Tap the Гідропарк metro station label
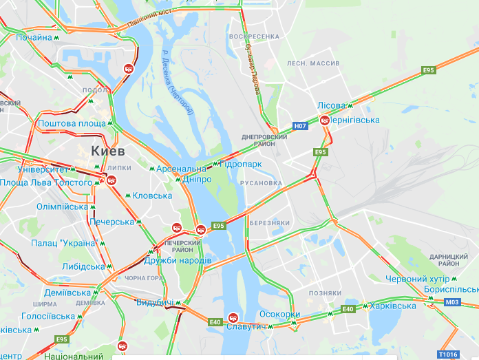(x=241, y=165)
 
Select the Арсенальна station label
(x=180, y=169)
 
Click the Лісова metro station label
(x=331, y=105)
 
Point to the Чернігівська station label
(x=355, y=120)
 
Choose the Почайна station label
(x=34, y=37)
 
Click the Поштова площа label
(x=72, y=123)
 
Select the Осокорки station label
(x=279, y=315)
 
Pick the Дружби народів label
(x=178, y=260)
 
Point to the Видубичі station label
(x=154, y=303)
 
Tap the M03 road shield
(x=452, y=302)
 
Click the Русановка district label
(x=261, y=183)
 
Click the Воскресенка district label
(x=254, y=36)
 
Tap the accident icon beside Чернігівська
(x=325, y=120)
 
